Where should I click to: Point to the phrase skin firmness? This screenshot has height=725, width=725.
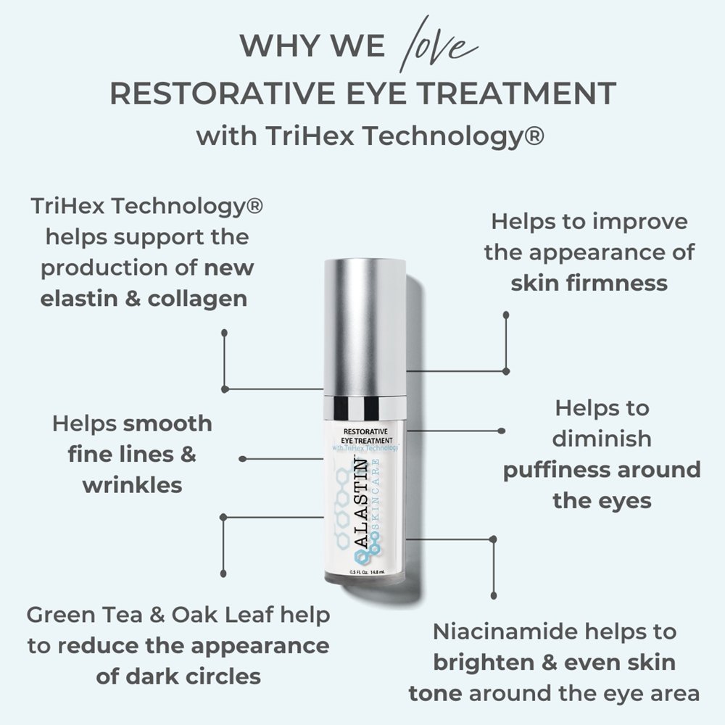(x=589, y=283)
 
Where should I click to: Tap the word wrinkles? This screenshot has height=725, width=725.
(x=132, y=484)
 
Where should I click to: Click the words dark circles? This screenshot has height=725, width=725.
(x=179, y=676)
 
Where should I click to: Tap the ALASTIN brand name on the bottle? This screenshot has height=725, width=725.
(x=360, y=512)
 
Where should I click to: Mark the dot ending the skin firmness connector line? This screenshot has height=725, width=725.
(x=506, y=315)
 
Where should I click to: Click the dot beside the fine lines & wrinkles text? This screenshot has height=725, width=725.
(x=242, y=458)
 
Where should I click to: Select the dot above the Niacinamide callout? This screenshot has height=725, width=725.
(x=494, y=539)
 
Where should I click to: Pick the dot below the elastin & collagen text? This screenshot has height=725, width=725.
(x=225, y=332)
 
